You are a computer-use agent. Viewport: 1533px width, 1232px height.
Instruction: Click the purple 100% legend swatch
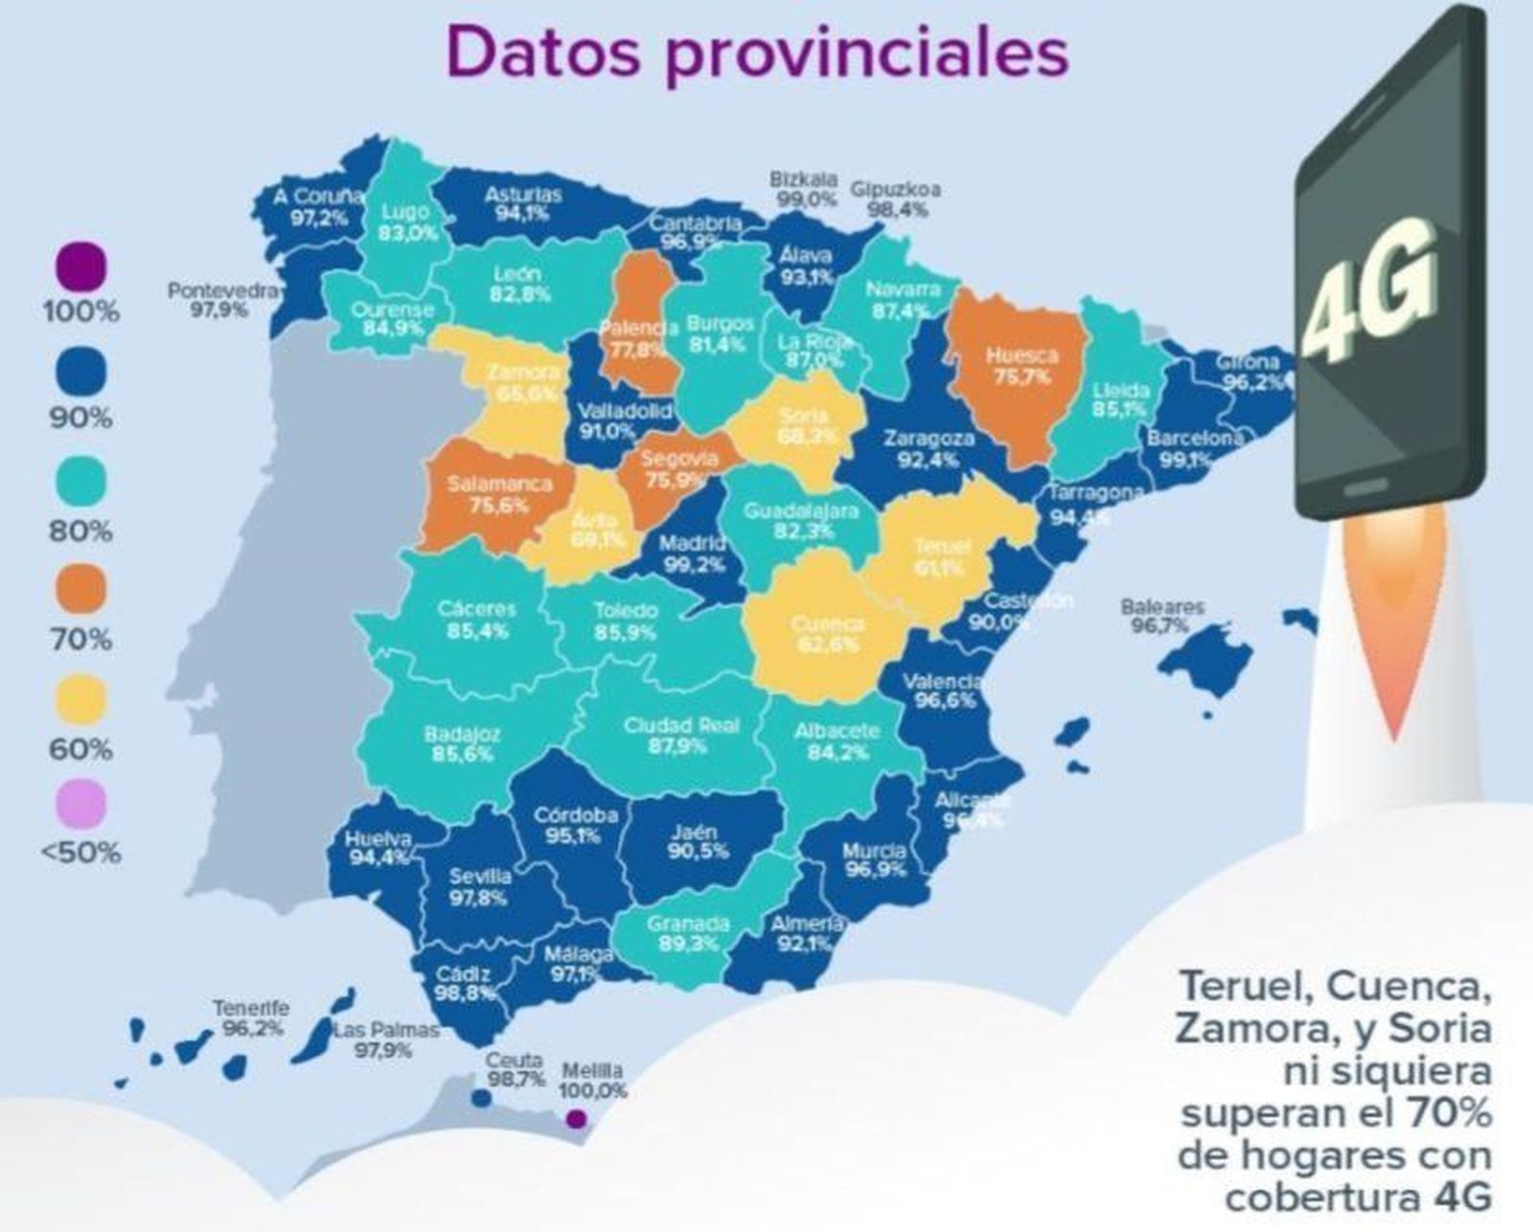[x=80, y=266]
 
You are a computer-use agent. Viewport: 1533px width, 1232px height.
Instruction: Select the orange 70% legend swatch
[x=80, y=589]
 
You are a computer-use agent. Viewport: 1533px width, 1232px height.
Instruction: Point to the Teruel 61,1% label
[x=941, y=557]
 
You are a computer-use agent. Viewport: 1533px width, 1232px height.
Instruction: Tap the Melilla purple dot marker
[x=575, y=1118]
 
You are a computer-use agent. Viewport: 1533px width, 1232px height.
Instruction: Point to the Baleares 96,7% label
[x=1162, y=617]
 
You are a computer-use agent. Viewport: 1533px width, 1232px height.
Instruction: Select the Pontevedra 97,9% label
[x=222, y=300]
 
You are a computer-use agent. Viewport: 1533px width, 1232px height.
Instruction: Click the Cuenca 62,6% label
[x=827, y=634]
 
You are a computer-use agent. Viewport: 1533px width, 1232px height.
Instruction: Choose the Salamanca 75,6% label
[x=499, y=494]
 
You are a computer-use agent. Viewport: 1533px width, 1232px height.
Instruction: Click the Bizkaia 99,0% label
[x=803, y=190]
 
